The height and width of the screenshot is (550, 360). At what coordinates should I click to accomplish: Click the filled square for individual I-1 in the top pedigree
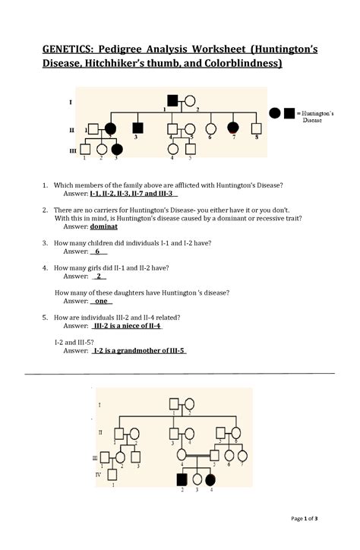click(173, 100)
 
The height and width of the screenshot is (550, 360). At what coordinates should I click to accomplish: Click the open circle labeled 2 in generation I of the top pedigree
click(191, 100)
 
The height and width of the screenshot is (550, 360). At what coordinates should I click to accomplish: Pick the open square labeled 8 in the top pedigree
click(256, 128)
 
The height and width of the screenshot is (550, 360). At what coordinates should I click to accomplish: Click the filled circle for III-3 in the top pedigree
click(117, 149)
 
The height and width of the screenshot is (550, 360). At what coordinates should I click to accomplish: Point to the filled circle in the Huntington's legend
click(275, 113)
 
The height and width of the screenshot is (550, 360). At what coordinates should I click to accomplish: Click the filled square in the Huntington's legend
click(289, 113)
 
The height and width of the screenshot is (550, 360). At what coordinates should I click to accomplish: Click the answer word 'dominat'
click(104, 226)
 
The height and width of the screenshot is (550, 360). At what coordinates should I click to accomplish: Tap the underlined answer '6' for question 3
click(98, 251)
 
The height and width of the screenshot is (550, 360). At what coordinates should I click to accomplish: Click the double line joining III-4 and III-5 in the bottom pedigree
click(197, 456)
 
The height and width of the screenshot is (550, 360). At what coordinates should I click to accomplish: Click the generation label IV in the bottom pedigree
click(98, 473)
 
